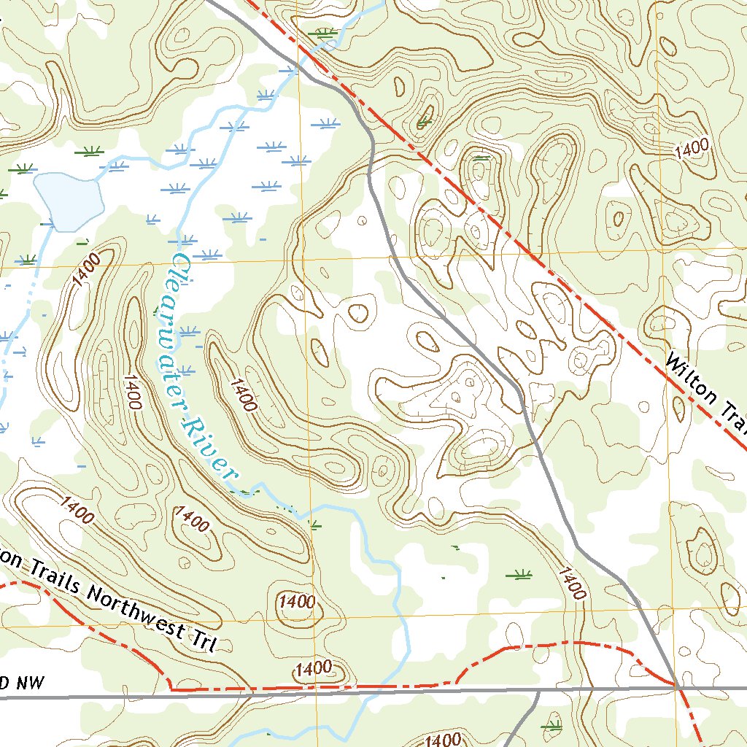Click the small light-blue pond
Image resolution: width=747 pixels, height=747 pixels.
67,201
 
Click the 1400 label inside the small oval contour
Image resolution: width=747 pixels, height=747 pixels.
297,603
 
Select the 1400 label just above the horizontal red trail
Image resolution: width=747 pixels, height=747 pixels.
314,668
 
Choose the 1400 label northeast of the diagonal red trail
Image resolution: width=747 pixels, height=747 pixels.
692,149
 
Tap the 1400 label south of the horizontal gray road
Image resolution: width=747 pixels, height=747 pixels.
441,740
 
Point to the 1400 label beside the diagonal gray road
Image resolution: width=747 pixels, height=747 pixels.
570,582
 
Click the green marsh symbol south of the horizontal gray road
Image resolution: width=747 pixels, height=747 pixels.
554,727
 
